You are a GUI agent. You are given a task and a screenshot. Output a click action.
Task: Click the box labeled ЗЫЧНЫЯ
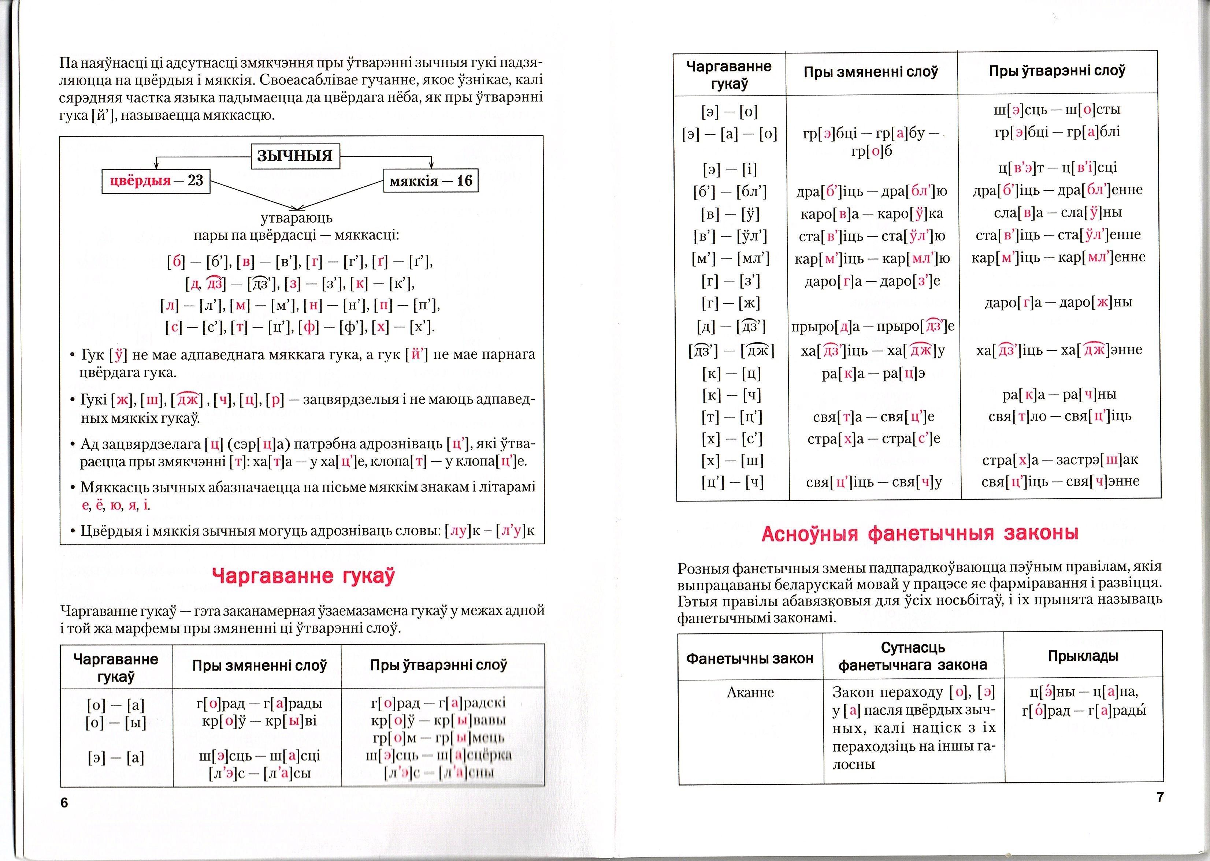click(295, 156)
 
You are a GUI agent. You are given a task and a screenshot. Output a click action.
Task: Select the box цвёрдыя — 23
click(156, 181)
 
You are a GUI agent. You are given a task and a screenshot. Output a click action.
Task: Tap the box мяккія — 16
click(431, 181)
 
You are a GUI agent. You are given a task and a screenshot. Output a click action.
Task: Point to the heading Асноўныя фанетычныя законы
click(920, 533)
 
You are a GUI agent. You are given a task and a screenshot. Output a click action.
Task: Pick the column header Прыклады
click(1083, 656)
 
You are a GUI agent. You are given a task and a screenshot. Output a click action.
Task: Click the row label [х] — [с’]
click(732, 439)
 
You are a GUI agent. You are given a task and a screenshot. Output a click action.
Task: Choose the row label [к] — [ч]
click(732, 395)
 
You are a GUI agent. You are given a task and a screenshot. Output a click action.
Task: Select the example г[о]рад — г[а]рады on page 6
click(259, 704)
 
